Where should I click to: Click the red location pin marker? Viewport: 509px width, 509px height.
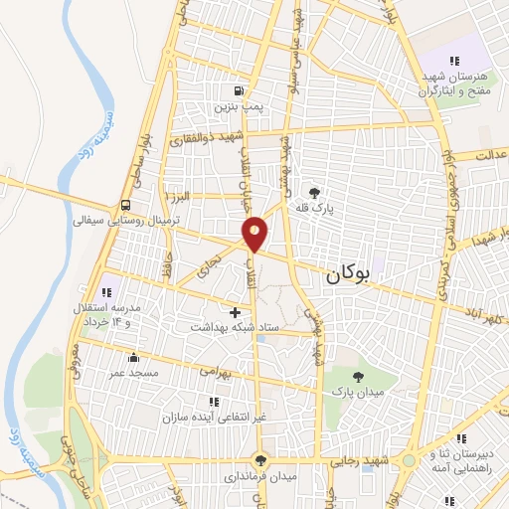pyautogui.click(x=255, y=233)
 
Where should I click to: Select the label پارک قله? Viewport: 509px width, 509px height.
pyautogui.click(x=315, y=209)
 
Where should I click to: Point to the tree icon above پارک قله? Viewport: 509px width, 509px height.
pyautogui.click(x=315, y=193)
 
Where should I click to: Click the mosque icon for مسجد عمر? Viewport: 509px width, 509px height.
pyautogui.click(x=134, y=356)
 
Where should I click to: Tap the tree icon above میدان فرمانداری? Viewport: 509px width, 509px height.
pyautogui.click(x=260, y=460)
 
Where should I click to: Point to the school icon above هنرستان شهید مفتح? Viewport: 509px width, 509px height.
pyautogui.click(x=453, y=61)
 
